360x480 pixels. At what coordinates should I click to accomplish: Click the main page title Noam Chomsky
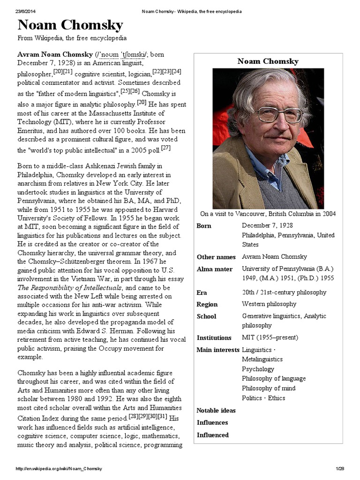(70, 25)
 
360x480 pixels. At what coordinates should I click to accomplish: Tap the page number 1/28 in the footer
(340, 468)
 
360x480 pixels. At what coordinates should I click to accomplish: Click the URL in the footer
(60, 468)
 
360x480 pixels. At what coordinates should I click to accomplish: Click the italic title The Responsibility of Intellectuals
(70, 287)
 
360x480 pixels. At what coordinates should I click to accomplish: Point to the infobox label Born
(204, 225)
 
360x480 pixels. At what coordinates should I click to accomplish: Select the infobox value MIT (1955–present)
(270, 337)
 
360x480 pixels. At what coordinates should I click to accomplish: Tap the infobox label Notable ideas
(216, 410)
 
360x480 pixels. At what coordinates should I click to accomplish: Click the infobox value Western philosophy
(269, 304)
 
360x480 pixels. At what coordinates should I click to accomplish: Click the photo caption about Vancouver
(268, 214)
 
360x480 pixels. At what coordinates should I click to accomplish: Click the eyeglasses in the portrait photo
(280, 114)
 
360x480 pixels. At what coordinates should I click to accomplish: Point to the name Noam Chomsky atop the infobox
(268, 61)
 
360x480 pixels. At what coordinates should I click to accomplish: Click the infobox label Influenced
(213, 435)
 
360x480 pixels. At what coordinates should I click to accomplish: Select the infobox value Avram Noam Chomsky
(274, 256)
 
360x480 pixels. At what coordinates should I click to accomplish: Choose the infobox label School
(206, 316)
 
